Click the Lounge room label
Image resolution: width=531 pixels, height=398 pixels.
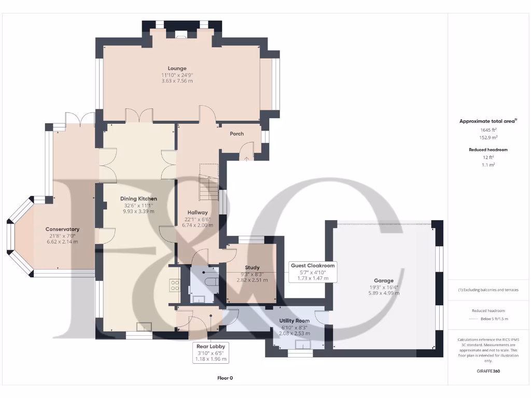click(x=177, y=68)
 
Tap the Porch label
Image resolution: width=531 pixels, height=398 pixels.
click(x=236, y=134)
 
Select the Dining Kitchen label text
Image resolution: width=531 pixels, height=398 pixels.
click(x=138, y=198)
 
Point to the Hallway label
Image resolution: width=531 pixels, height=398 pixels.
click(x=198, y=212)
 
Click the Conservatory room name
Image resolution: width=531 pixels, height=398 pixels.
click(x=62, y=229)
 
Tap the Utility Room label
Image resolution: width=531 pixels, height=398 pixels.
click(x=294, y=321)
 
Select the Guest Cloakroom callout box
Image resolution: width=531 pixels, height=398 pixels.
click(x=313, y=272)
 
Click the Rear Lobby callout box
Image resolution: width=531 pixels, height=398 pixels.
click(x=211, y=352)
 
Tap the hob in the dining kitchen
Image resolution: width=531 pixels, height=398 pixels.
click(x=175, y=286)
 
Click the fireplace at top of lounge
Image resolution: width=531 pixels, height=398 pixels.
click(x=181, y=36)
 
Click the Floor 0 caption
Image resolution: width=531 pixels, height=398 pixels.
click(x=225, y=378)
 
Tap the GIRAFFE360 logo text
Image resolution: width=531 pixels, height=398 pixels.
click(x=489, y=371)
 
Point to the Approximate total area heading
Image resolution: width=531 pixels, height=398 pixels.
click(x=487, y=121)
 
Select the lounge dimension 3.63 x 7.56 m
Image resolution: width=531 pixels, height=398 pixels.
click(x=177, y=81)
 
